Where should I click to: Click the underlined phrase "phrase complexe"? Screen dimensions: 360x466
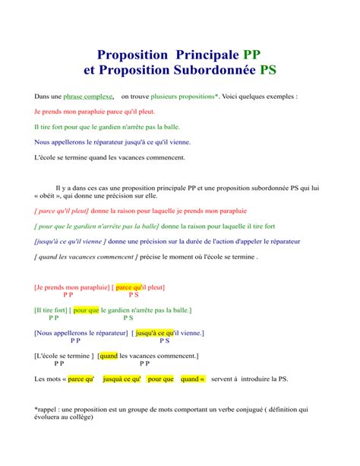click(89, 97)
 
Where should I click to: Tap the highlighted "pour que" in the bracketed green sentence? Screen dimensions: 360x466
click(86, 310)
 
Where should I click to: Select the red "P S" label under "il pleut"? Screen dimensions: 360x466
click(133, 295)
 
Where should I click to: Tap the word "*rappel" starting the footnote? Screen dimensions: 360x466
click(48, 409)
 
